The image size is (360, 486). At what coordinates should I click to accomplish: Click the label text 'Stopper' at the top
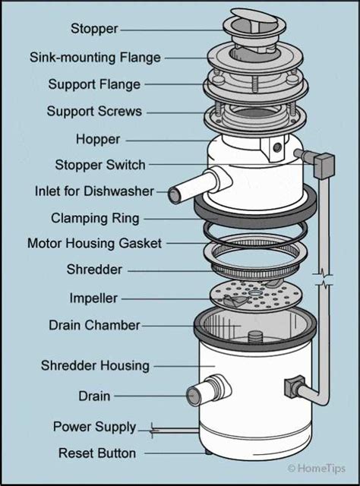94,29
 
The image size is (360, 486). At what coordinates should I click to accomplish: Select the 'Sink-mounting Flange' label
95,58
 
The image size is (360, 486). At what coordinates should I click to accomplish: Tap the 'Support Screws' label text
94,112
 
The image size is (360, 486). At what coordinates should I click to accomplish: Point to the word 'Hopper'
98,139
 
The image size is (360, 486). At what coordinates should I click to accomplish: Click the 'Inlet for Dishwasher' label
94,191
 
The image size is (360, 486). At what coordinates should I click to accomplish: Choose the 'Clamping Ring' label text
95,218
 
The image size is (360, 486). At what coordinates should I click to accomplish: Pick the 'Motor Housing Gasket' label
94,243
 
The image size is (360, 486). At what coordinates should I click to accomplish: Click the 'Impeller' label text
93,298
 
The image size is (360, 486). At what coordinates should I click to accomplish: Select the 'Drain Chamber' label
94,325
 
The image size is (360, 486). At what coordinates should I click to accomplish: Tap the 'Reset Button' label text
97,453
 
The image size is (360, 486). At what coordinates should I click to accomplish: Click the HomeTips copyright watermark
316,468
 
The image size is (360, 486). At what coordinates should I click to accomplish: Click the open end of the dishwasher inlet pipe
174,195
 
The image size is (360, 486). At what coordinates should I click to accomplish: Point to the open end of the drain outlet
194,396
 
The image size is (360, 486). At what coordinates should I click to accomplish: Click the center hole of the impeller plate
255,293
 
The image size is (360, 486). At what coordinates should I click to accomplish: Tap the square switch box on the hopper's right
324,166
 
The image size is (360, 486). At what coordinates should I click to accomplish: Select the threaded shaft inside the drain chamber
256,336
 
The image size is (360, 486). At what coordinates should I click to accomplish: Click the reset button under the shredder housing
208,453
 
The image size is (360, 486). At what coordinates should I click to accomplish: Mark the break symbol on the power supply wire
153,431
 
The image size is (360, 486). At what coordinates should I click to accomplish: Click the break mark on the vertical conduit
323,279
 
